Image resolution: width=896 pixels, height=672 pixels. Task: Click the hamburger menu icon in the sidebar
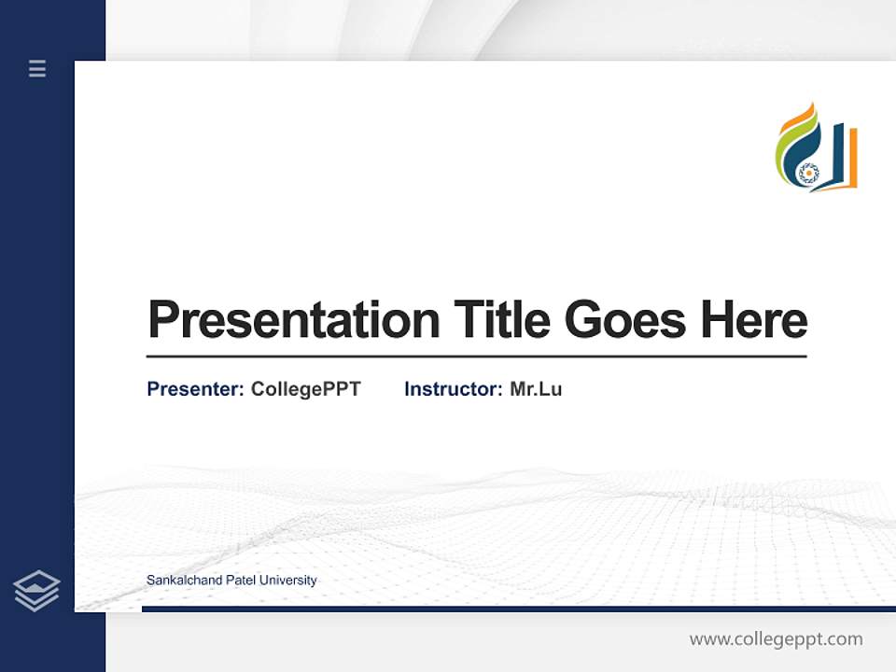click(37, 68)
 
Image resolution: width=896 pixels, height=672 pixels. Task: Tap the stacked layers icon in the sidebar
click(36, 591)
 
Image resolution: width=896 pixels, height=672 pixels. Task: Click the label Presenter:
click(195, 389)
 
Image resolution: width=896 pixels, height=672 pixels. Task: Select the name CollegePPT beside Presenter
click(305, 389)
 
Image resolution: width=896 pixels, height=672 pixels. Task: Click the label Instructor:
click(453, 389)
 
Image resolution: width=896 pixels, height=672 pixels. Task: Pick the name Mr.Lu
click(536, 389)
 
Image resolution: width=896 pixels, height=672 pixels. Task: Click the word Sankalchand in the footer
click(184, 581)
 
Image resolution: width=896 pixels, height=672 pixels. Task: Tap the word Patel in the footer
click(241, 581)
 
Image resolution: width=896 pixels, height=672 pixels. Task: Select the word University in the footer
click(288, 581)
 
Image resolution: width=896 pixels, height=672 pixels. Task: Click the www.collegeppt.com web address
click(776, 639)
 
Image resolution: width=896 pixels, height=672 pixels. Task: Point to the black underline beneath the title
click(476, 356)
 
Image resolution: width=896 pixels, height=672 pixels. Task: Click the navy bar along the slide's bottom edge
click(518, 609)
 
